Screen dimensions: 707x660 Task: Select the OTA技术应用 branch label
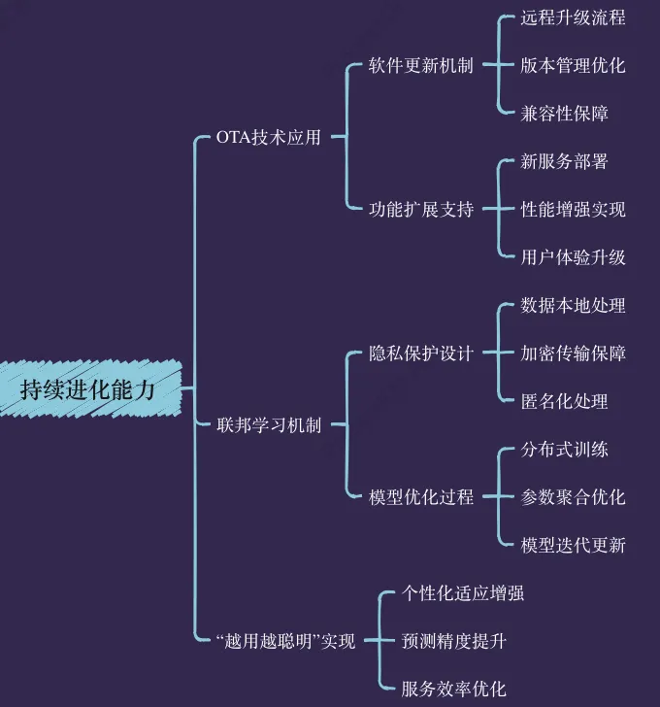point(268,138)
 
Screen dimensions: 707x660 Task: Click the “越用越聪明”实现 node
point(286,641)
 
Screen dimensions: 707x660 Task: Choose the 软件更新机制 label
point(421,66)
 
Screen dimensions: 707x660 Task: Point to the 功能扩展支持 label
point(421,209)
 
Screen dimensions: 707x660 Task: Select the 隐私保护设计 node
point(421,353)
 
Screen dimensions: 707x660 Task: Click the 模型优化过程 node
point(421,497)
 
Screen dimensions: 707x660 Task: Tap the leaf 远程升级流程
point(573,18)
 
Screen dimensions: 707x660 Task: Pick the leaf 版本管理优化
point(573,66)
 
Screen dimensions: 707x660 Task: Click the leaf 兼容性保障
point(564,114)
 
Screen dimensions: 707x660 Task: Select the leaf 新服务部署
point(564,161)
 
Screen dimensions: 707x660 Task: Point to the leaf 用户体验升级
point(573,257)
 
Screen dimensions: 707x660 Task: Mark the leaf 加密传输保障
point(573,353)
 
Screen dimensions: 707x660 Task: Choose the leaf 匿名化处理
point(564,401)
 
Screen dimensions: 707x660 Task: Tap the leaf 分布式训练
point(564,450)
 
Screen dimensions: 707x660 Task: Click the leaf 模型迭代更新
point(573,545)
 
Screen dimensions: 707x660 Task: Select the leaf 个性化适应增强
point(463,593)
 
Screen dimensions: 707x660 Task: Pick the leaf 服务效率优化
point(454,690)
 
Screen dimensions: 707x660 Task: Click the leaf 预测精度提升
point(454,641)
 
